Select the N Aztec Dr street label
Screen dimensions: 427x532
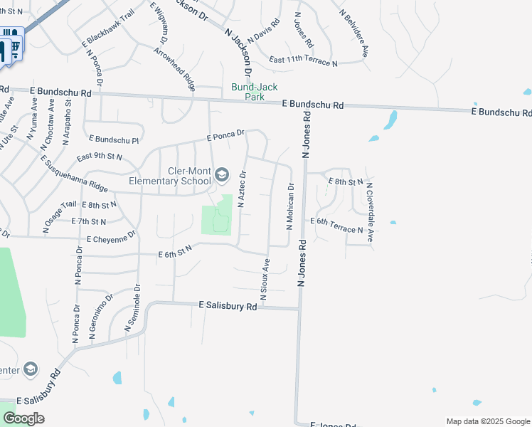click(x=241, y=189)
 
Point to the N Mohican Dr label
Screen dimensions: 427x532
click(x=290, y=206)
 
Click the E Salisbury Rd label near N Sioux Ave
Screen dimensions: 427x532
click(x=228, y=305)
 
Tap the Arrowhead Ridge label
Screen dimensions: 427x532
click(x=175, y=69)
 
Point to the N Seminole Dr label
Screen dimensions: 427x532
click(x=132, y=307)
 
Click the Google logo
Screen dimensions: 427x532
click(x=23, y=418)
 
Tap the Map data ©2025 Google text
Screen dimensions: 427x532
click(x=487, y=421)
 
